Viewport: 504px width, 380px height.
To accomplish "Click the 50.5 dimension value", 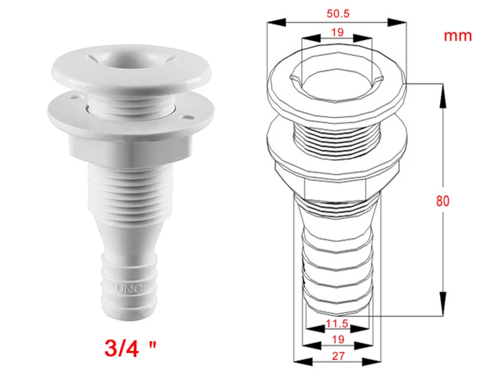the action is point(338,13).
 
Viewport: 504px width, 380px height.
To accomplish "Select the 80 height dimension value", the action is point(442,201).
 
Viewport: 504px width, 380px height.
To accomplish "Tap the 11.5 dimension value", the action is point(337,323).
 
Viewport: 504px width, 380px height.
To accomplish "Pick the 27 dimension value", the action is point(338,356).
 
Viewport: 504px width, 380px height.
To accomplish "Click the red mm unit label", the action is point(458,36).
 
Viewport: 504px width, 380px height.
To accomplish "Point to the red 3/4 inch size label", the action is point(130,348).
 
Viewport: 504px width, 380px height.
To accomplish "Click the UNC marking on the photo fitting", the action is point(129,288).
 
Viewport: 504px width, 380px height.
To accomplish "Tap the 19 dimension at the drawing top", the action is point(337,32).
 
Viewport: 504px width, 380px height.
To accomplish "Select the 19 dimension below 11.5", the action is point(338,340).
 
